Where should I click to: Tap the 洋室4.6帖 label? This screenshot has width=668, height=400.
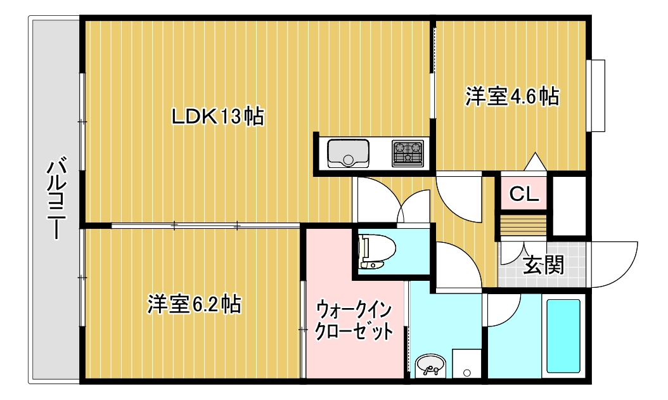(x=512, y=96)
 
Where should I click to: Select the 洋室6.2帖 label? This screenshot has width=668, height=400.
(x=194, y=304)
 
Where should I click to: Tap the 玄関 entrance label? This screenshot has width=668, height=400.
(x=543, y=265)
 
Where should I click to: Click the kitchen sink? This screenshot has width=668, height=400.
(x=348, y=153)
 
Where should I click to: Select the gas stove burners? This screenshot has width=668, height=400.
(x=408, y=153)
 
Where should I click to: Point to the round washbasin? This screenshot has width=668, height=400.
(x=430, y=365)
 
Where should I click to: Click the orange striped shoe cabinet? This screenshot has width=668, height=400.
(x=523, y=224)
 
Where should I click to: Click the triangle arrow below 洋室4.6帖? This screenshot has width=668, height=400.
(x=534, y=162)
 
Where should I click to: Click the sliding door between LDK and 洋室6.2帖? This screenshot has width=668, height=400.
(x=205, y=225)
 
